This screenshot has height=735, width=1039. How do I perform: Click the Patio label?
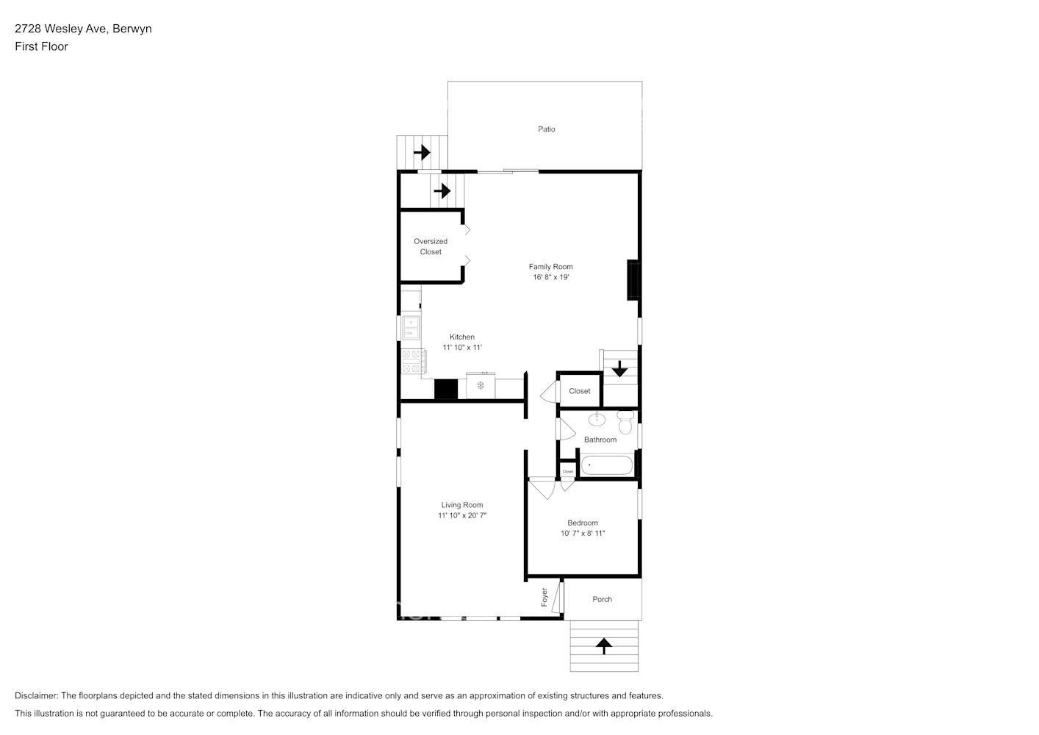546,129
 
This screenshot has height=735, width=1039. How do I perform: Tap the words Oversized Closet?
431,246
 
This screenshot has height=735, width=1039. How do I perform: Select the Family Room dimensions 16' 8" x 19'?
550,278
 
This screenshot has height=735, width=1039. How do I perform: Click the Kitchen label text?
462,337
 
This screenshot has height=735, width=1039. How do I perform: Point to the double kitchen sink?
411,328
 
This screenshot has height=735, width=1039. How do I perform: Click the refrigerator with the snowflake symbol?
481,386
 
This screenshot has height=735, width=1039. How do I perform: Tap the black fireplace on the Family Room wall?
633,280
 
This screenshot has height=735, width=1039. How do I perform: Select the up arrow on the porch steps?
603,646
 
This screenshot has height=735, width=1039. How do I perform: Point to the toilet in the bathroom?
625,423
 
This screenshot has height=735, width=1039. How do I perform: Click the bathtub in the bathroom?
607,466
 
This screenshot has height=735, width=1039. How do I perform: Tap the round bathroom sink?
597,420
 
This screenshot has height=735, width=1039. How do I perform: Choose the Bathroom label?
600,440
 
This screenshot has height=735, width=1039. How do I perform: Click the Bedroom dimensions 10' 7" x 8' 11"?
583,534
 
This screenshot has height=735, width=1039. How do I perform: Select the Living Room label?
461,505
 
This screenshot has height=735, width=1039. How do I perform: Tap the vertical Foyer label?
544,597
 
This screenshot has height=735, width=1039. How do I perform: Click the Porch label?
602,600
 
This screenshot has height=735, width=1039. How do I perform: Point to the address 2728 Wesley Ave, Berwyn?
83,29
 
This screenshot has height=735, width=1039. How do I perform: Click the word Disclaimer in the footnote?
36,695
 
